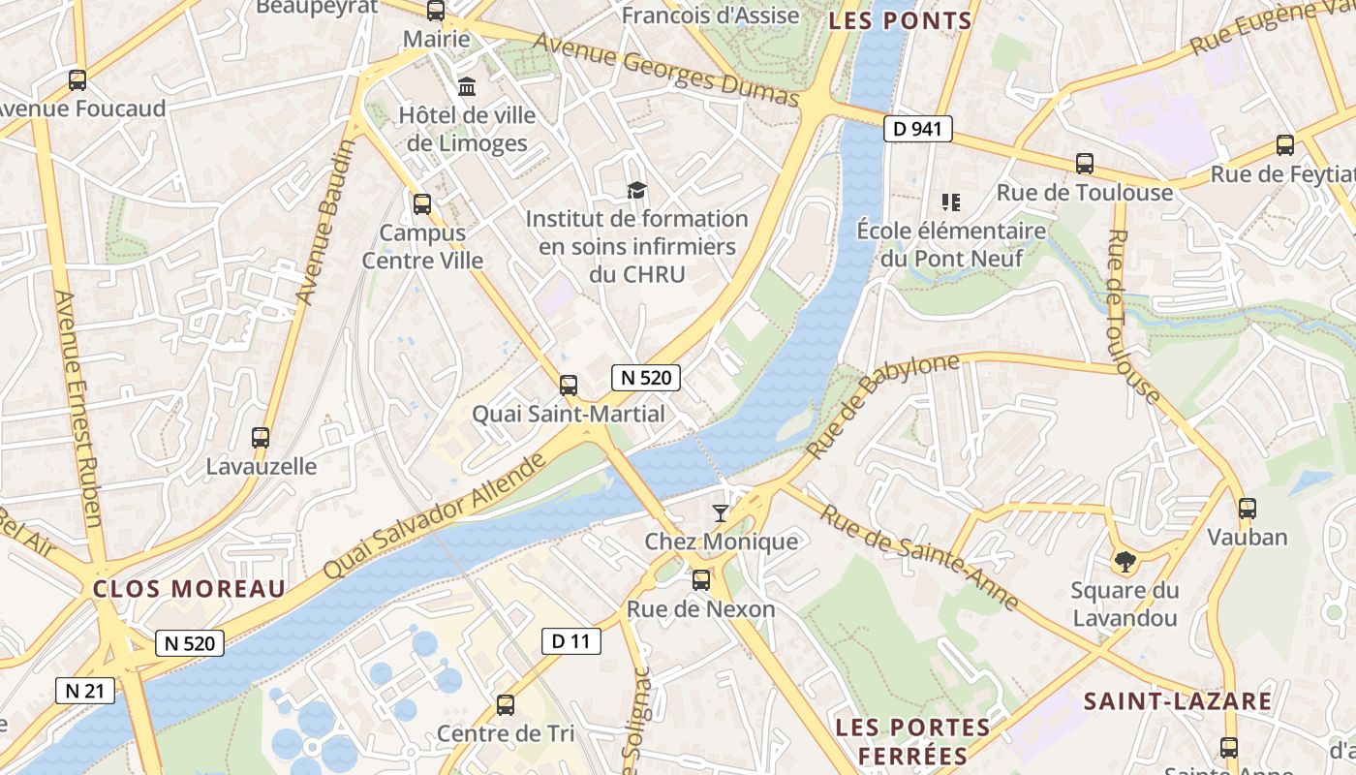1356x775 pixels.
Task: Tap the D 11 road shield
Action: (570, 640)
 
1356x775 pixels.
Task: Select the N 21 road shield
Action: (85, 691)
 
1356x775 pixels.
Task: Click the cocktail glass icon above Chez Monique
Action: (720, 512)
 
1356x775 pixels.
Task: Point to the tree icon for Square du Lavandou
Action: (1125, 560)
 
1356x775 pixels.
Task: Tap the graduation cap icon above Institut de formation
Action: (636, 189)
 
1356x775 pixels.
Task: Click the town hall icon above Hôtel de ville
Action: (467, 86)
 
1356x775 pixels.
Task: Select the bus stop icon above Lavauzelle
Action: (260, 437)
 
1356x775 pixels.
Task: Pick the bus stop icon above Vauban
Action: (1247, 508)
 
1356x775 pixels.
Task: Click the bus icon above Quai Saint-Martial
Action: (569, 385)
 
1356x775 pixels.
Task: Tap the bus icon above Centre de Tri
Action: (505, 704)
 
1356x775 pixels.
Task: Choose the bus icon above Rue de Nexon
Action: (700, 580)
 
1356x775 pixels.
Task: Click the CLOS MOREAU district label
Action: (189, 588)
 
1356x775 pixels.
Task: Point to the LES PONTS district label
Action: (900, 20)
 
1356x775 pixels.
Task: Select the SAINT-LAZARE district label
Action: (1177, 701)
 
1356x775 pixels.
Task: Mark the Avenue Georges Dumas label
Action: (665, 69)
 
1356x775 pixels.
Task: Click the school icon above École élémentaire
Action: (950, 201)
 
